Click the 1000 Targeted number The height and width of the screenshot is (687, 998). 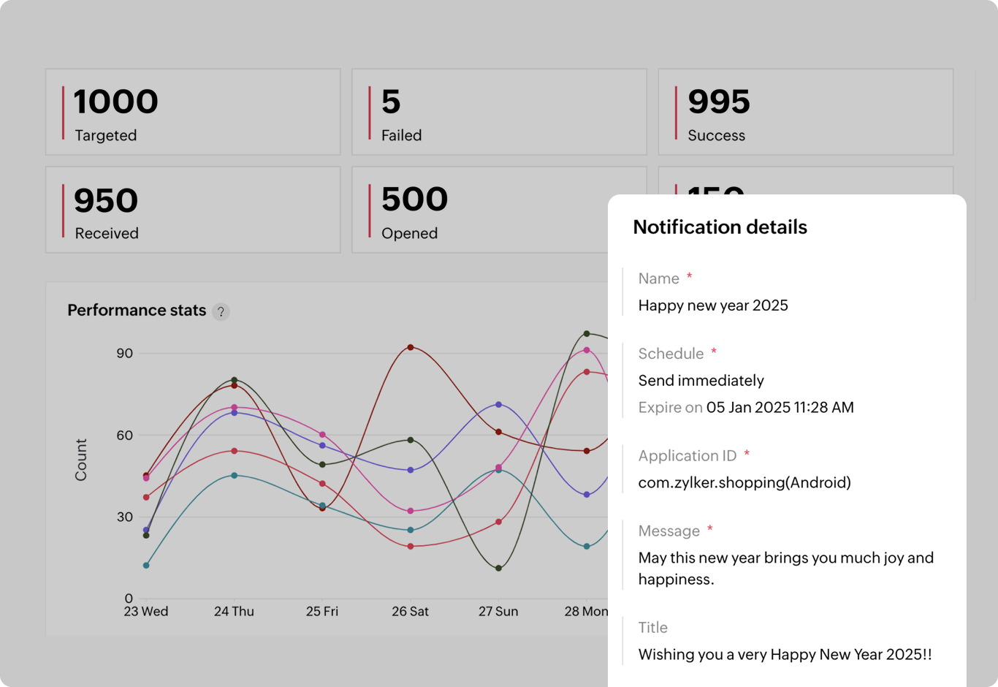coord(115,102)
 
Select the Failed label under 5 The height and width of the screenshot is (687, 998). coord(401,135)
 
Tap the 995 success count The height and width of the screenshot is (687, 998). coord(719,102)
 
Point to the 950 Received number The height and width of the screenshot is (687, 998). coord(106,201)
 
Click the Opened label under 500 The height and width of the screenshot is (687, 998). coord(409,233)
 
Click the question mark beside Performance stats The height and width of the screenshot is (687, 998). coord(221,311)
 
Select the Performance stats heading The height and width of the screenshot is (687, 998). coord(137,311)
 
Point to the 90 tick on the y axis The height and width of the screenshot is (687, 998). coord(125,354)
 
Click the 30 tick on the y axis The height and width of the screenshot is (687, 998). coord(125,517)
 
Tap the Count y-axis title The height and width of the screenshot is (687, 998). coord(81,460)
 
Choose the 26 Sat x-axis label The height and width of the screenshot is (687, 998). coord(410,611)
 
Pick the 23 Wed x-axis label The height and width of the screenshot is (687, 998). coord(146,611)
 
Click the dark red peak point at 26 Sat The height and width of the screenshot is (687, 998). coord(411,347)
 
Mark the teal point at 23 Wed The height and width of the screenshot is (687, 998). coord(146,565)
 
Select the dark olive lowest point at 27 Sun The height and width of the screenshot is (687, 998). coord(499,568)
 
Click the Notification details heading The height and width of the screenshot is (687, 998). coord(720,227)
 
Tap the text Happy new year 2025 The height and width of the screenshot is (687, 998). coord(713,305)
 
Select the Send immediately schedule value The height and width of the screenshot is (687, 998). coord(701,381)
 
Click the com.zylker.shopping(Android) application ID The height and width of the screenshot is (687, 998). coord(744,482)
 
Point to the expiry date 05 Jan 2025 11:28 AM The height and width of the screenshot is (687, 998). coord(780,408)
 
